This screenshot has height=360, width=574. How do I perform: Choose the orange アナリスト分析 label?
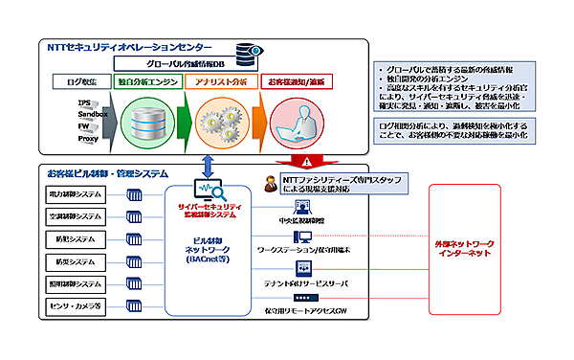(217, 82)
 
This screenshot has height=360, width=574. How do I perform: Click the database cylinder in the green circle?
(147, 123)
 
